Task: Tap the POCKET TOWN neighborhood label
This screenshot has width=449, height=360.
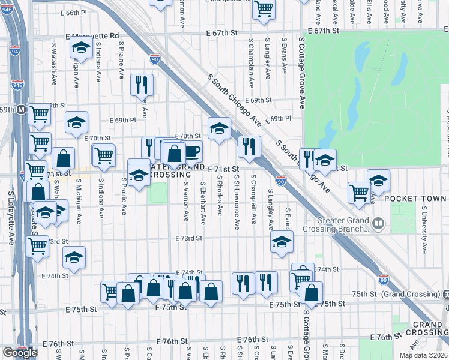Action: pyautogui.click(x=415, y=199)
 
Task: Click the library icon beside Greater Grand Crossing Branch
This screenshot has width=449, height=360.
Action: pyautogui.click(x=378, y=224)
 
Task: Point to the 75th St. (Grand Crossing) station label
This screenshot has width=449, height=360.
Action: pyautogui.click(x=397, y=295)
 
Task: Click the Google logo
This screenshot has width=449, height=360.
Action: pyautogui.click(x=20, y=353)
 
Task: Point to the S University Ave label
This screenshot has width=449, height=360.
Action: pyautogui.click(x=424, y=231)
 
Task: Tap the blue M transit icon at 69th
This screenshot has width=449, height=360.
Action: pyautogui.click(x=20, y=110)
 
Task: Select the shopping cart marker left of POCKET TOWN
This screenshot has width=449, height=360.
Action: pyautogui.click(x=359, y=192)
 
